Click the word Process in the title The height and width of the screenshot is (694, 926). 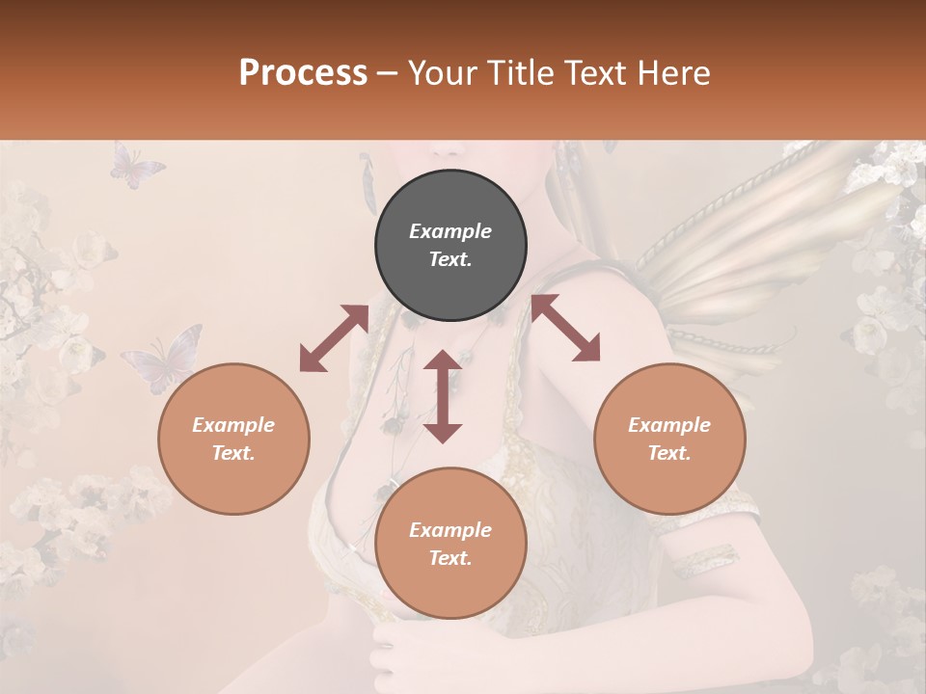coord(303,73)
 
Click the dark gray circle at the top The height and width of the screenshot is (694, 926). coord(450,245)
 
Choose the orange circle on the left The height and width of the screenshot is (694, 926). coord(233,439)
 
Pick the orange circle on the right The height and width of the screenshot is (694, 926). coord(668,439)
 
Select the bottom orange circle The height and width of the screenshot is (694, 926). coord(450,543)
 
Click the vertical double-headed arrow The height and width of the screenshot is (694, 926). coord(443,396)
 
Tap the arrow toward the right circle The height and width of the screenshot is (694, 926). coord(566,328)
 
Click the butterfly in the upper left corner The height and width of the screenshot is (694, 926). coord(136,166)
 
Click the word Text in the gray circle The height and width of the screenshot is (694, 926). coord(449,260)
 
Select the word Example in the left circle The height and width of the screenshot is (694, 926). coord(233,425)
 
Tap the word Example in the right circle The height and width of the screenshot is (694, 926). coord(668,425)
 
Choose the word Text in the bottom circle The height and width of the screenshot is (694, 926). coord(449,558)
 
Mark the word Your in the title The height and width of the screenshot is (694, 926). coord(442,73)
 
